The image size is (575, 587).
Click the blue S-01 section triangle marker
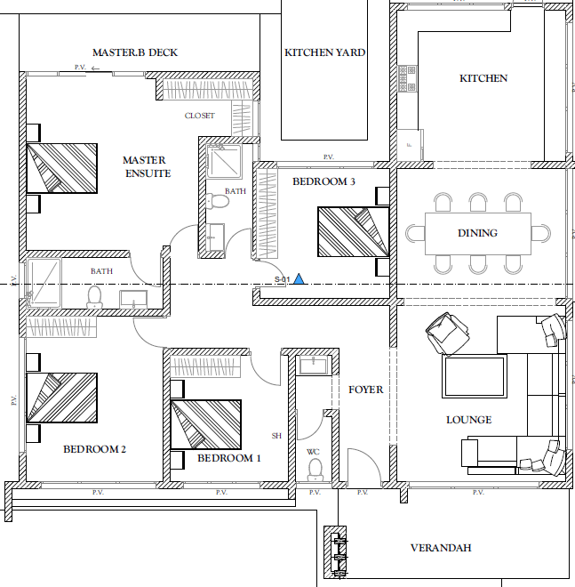point(299,279)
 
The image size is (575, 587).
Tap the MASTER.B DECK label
point(135,52)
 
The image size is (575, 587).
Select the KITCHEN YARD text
point(324,52)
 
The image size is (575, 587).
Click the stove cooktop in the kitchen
point(407,78)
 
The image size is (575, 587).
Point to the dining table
point(478,233)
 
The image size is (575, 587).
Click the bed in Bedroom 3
point(353,232)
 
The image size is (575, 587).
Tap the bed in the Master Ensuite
point(62,168)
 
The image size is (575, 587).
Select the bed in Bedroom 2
point(62,398)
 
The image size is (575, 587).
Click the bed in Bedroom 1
point(206,424)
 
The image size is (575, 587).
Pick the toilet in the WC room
point(315,470)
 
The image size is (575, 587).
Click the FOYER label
point(366,390)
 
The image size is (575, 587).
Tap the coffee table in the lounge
point(475,376)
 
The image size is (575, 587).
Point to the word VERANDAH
point(441,548)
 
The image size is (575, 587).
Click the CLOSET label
point(200,116)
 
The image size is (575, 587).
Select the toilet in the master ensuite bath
point(217,201)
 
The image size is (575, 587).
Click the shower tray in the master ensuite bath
point(224,161)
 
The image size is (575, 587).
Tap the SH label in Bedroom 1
point(276,436)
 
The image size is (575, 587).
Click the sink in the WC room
point(314,365)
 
